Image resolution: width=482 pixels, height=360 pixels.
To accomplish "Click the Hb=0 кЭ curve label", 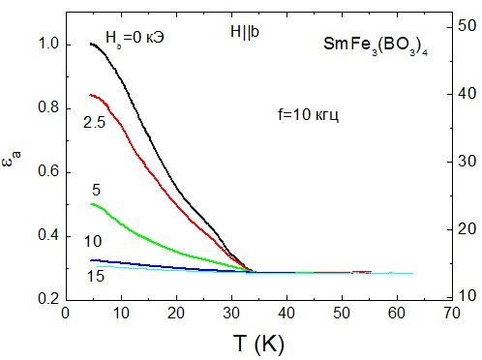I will coord(136,33).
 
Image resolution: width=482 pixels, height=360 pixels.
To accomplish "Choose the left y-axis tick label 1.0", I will coord(46,45).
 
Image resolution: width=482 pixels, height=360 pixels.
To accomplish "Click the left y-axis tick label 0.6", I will coord(46,172).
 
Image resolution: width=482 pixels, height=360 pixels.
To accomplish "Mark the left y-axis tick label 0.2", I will coord(46,300).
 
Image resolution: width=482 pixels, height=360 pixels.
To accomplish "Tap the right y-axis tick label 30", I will coord(467,161).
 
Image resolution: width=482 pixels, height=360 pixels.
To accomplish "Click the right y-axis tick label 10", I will coord(467,295).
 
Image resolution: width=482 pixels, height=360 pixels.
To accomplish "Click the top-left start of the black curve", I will coord(90,44).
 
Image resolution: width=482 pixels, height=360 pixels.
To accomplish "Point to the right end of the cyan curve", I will coord(413,273).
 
